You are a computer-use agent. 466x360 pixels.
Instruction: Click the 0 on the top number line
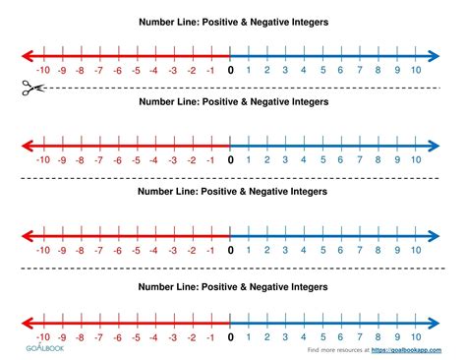coord(231,70)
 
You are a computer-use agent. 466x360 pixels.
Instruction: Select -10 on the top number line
coord(42,70)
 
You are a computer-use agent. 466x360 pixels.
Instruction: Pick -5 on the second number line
coord(137,159)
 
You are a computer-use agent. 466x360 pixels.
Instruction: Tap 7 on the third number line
coord(360,250)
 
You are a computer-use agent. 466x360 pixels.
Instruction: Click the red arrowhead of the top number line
coord(26,53)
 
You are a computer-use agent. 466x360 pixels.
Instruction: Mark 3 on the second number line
coord(286,159)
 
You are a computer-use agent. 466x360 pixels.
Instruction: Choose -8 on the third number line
coord(80,250)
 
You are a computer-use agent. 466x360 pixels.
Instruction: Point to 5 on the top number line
coord(323,70)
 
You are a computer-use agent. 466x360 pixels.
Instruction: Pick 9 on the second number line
coord(397,159)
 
